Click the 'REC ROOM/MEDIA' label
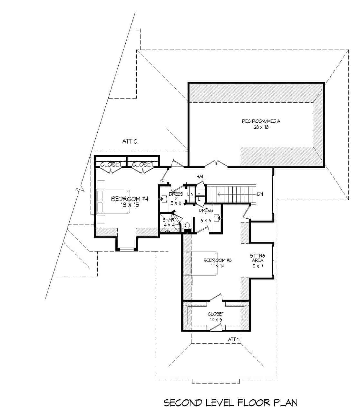(261, 121)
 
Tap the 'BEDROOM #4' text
(130, 199)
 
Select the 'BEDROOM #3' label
(218, 260)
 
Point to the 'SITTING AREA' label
(258, 258)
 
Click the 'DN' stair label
(260, 194)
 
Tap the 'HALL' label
(201, 177)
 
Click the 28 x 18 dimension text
(261, 127)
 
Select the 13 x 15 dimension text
(130, 205)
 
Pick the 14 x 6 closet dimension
(216, 320)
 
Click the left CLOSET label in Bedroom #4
(111, 164)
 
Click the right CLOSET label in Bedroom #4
(142, 164)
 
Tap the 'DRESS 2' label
(176, 196)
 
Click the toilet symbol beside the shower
(187, 227)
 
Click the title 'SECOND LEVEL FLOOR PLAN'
(230, 403)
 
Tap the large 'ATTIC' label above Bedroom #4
(130, 141)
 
